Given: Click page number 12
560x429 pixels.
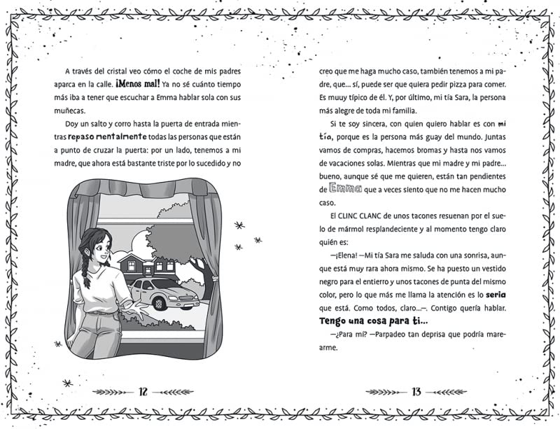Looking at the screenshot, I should tap(143, 391).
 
